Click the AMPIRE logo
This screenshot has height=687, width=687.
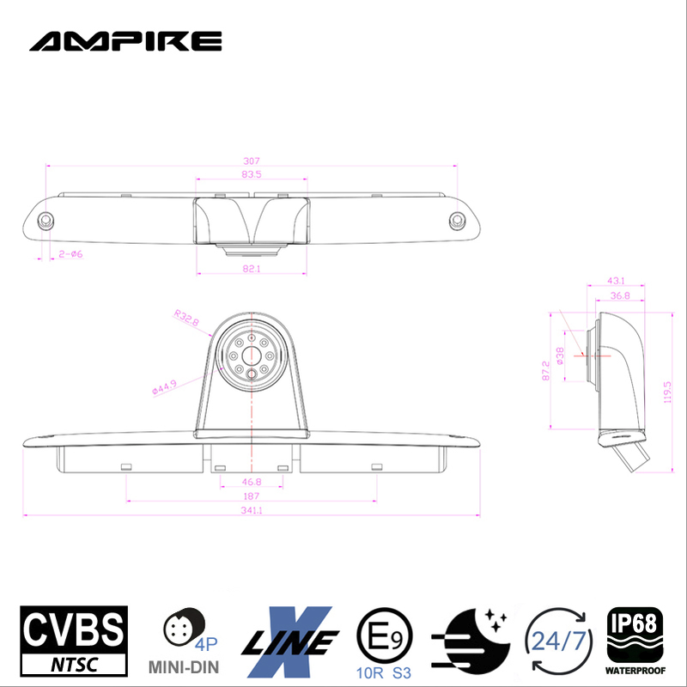pos(125,40)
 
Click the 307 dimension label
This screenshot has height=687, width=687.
pos(251,161)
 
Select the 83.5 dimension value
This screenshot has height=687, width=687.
pos(251,174)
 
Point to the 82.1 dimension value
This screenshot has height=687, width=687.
pos(251,269)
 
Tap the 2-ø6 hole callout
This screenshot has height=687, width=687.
pos(70,254)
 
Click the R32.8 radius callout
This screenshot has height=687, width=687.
pos(185,319)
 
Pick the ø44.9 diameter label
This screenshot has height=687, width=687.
pos(164,387)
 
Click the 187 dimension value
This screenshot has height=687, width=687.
pos(251,497)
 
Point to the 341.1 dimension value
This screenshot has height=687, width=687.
pos(251,510)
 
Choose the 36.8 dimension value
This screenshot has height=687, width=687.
pos(619,295)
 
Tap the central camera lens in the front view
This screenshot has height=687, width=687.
pos(250,354)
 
